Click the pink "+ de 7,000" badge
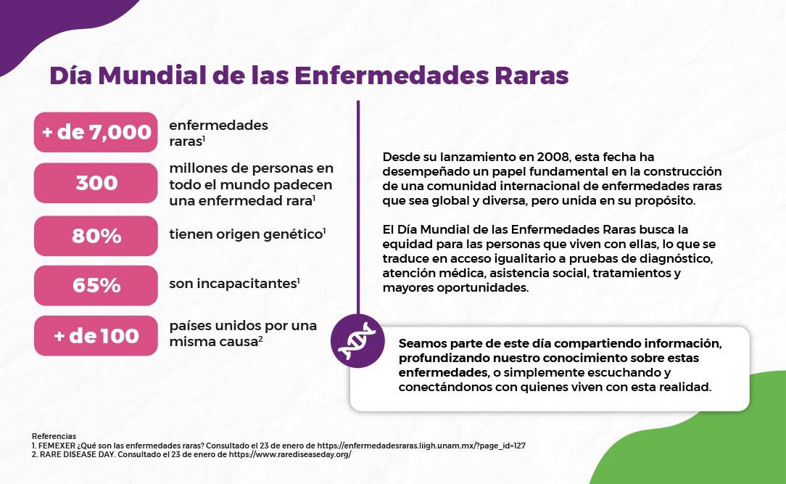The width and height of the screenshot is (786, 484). pos(96,132)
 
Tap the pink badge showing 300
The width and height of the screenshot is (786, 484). pos(96,183)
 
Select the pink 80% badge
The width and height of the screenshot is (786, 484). pos(96,236)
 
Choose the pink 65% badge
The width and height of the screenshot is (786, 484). pos(96,285)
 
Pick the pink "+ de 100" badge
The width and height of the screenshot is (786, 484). pos(96,336)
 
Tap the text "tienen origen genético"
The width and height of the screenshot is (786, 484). pos(245,234)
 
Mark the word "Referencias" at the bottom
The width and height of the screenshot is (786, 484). pos(54,436)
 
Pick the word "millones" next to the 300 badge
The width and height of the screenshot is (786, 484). pos(197,168)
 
